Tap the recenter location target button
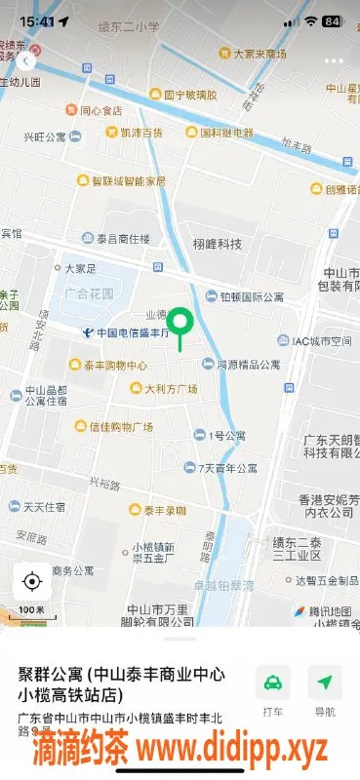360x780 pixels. (31, 582)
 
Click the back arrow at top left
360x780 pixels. (24, 59)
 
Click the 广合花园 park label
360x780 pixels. (89, 292)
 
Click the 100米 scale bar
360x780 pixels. (30, 611)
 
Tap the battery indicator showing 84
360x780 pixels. (331, 20)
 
